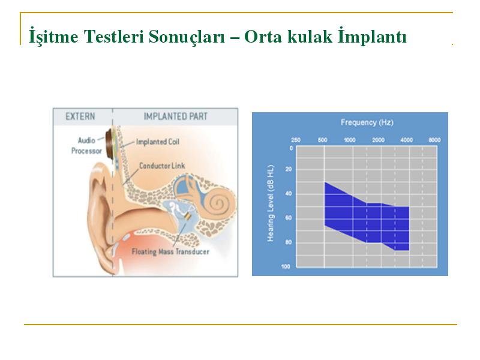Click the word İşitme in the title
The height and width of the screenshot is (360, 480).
tap(53, 36)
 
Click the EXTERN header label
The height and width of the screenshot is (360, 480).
tap(80, 116)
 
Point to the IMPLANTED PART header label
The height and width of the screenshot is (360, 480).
tap(176, 116)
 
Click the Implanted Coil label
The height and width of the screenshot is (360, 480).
tap(158, 142)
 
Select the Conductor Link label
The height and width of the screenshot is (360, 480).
tap(162, 166)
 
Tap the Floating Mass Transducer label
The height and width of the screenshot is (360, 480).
tap(170, 251)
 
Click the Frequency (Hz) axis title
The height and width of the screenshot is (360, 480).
tap(367, 122)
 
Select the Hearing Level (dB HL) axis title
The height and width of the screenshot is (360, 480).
tap(271, 203)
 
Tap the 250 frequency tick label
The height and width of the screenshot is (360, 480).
tap(296, 140)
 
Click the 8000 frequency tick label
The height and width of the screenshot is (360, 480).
tap(434, 140)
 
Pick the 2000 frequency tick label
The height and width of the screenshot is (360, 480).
tap(379, 140)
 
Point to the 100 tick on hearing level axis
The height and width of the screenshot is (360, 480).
tap(286, 266)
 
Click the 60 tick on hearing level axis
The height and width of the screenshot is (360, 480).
tap(289, 218)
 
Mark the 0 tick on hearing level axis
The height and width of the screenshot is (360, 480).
tap(291, 148)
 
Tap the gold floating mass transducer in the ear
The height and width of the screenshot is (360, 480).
tap(188, 216)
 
